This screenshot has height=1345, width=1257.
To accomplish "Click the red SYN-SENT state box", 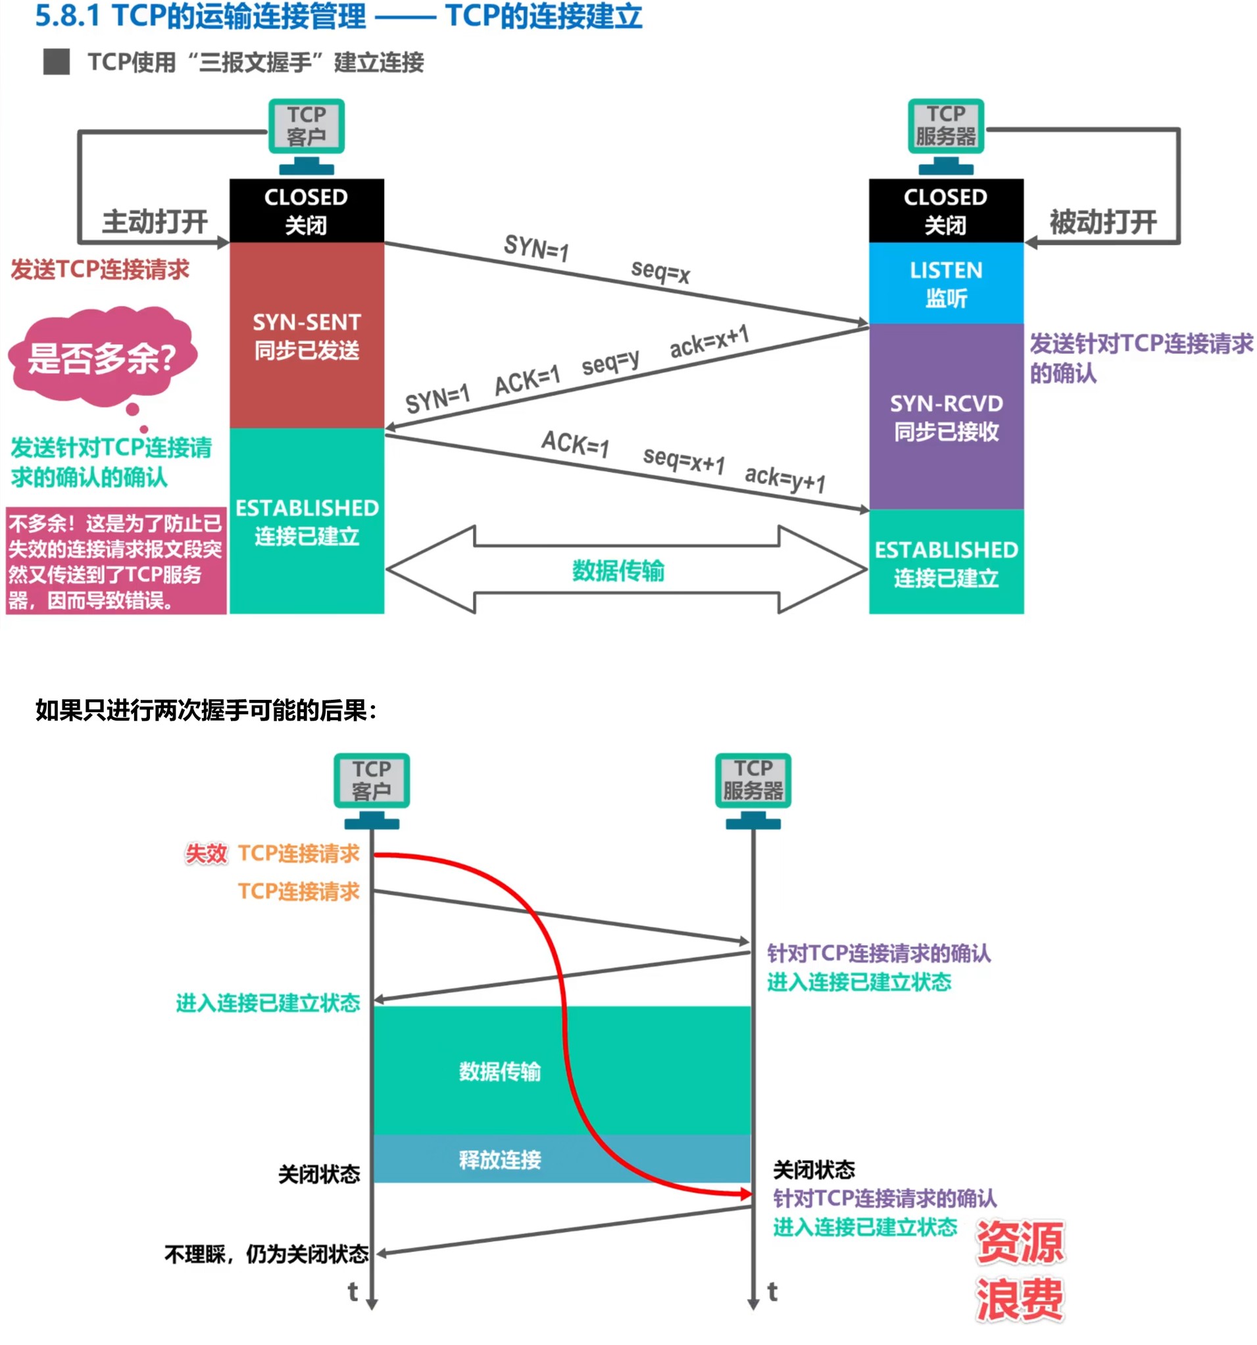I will click(307, 335).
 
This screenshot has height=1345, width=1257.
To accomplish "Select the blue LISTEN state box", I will click(945, 283).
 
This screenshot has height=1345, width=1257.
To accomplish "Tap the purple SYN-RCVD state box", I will click(945, 416).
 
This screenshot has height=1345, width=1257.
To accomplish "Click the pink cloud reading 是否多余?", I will click(101, 356).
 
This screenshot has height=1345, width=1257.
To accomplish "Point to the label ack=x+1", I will click(709, 341).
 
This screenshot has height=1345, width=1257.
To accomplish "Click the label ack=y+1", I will click(785, 478).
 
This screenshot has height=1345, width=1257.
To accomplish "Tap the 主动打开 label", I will click(155, 221).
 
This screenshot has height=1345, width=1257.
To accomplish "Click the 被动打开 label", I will click(1102, 221).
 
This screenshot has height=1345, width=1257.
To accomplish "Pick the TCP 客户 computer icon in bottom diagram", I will click(372, 788).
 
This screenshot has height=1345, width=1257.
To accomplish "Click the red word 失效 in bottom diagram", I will click(207, 853).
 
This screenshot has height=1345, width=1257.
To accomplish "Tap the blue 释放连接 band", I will click(501, 1159).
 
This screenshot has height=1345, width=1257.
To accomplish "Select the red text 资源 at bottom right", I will click(1020, 1242).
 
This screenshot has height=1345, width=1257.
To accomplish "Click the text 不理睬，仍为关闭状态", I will click(266, 1254).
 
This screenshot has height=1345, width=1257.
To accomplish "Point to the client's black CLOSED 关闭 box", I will click(307, 210).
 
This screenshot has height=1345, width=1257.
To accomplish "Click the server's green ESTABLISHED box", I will click(945, 562).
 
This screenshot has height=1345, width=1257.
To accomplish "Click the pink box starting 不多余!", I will click(116, 561).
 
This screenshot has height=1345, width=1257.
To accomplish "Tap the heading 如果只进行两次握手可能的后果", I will click(206, 710).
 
